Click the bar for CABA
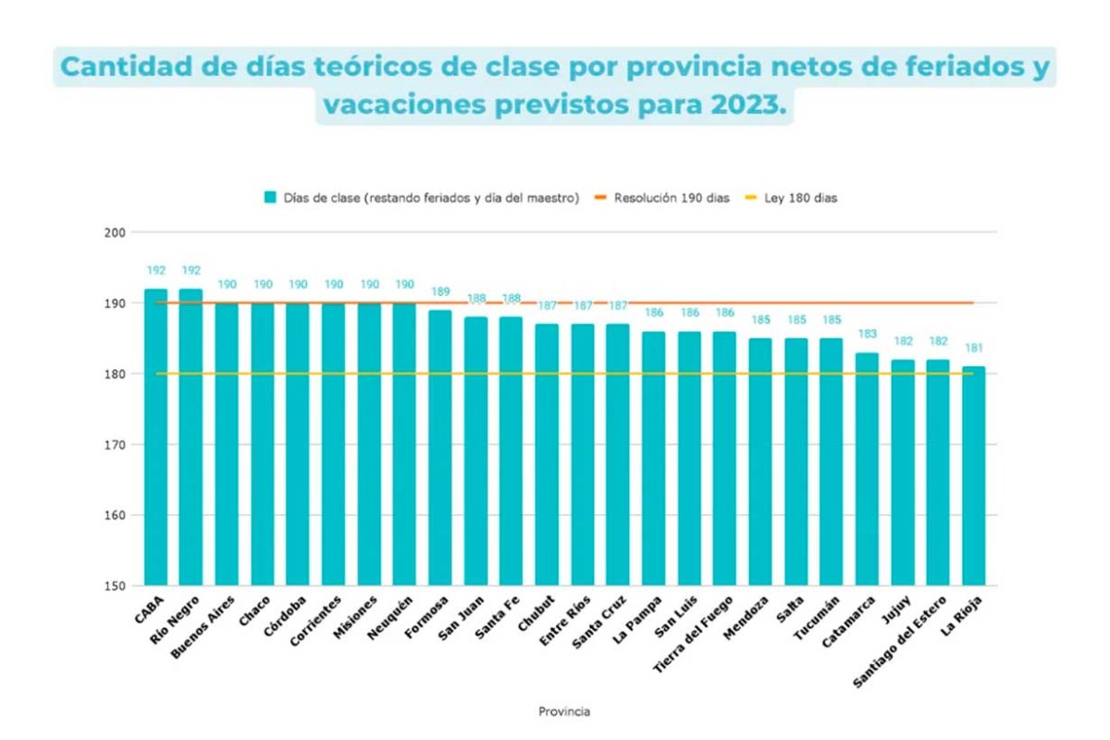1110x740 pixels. (x=156, y=437)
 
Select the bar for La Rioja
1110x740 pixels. (x=974, y=475)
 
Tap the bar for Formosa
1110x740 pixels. (x=440, y=448)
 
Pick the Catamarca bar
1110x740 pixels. (x=867, y=469)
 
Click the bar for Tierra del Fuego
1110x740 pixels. (x=724, y=459)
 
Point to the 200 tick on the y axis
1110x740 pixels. (x=115, y=232)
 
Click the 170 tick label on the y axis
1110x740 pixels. (x=115, y=445)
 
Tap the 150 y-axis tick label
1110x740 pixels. (x=115, y=586)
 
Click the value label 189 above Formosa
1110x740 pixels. (x=440, y=291)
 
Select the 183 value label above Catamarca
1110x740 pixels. (x=868, y=334)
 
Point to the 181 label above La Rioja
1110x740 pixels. (x=974, y=348)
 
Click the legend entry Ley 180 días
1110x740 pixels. (x=792, y=198)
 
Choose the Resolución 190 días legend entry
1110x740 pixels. (x=662, y=198)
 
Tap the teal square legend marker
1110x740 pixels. (x=270, y=197)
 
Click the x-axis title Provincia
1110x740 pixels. (x=564, y=711)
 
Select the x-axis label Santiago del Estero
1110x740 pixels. (x=899, y=642)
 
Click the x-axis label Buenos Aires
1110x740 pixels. (x=203, y=627)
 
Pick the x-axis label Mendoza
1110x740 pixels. (x=746, y=618)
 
